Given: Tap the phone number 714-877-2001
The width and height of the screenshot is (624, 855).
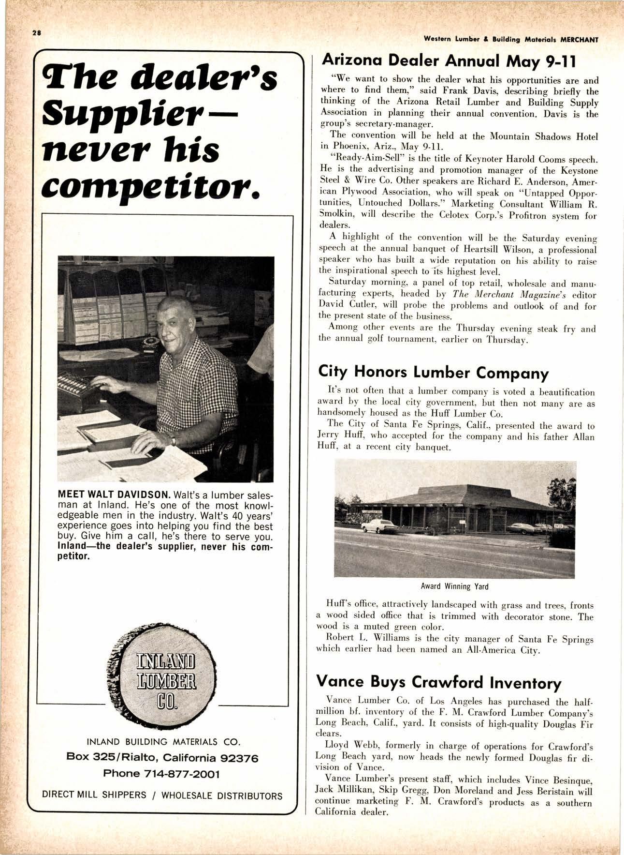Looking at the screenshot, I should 161,774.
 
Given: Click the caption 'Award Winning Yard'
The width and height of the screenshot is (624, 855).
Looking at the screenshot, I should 454,586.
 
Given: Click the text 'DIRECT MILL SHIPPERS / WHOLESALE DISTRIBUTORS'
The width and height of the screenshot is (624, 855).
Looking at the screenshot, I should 162,795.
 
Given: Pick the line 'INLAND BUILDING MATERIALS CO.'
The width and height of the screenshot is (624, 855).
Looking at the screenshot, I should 163,742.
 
